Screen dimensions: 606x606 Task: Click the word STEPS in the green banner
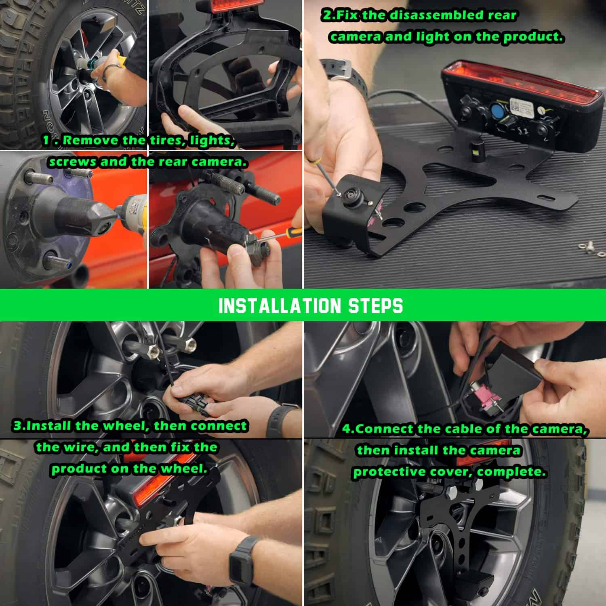coord(375,306)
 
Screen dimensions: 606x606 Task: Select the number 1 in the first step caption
coord(46,141)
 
